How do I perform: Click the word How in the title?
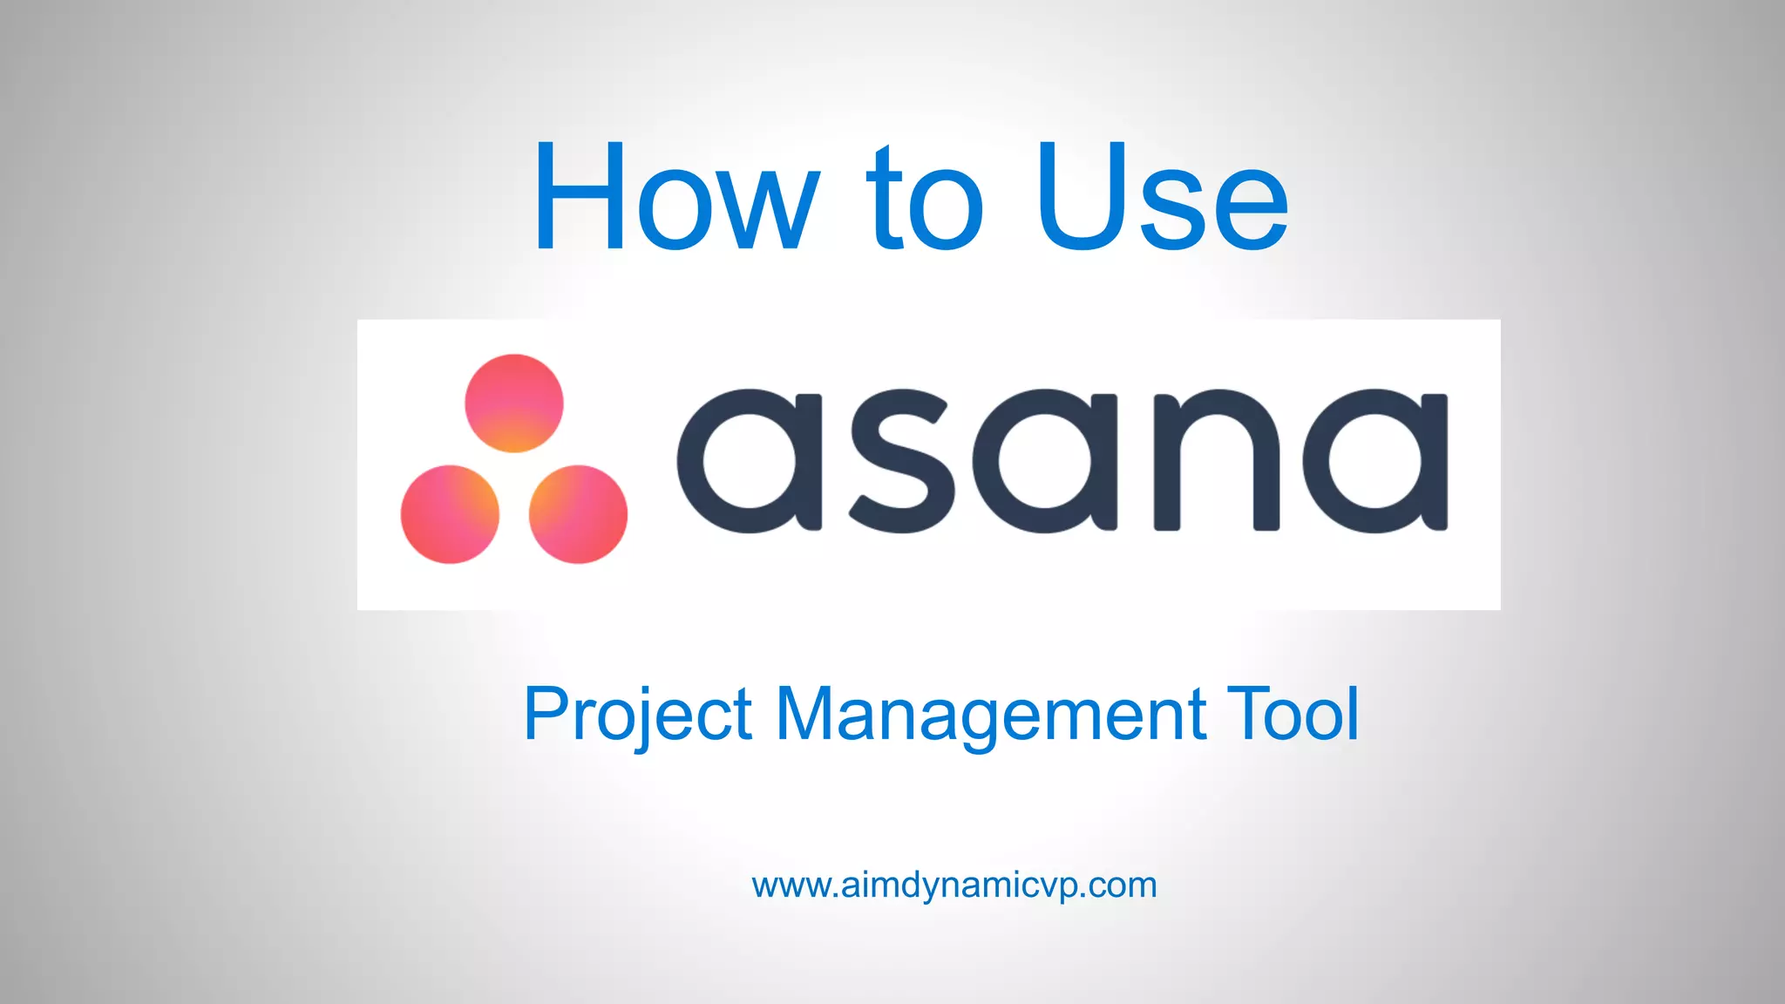[x=676, y=197]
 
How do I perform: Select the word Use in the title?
[x=1162, y=197]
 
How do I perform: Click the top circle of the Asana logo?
[x=514, y=403]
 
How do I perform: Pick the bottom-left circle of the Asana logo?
[x=450, y=514]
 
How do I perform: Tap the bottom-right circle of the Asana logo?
[x=578, y=514]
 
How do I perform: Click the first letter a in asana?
[x=750, y=460]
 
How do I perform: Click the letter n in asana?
[x=1216, y=460]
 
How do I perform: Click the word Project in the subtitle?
[x=637, y=715]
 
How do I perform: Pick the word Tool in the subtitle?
[x=1293, y=715]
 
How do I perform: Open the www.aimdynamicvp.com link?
[x=954, y=885]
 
